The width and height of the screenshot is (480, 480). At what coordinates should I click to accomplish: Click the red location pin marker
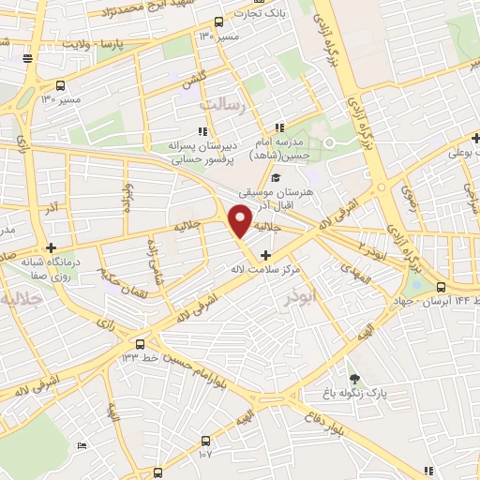point(241,220)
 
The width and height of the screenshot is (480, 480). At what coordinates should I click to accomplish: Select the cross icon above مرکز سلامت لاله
point(268,255)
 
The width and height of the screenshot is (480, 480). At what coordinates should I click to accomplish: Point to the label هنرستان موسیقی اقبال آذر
point(280,194)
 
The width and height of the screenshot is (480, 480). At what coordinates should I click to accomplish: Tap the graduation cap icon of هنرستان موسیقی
point(276,177)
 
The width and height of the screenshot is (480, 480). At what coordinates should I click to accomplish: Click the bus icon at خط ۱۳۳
point(141,344)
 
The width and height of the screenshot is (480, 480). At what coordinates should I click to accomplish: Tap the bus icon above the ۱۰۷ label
point(206,439)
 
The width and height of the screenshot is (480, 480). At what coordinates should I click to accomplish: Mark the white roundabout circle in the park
point(329,143)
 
